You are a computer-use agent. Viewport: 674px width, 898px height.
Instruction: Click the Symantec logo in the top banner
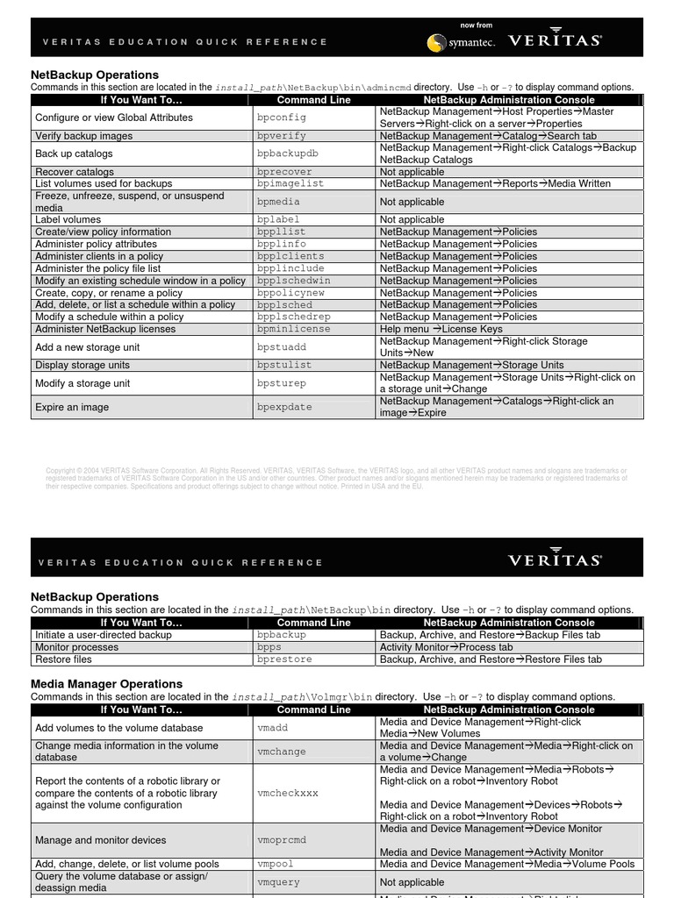coord(461,41)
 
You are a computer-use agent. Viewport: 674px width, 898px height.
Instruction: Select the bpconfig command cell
coord(282,118)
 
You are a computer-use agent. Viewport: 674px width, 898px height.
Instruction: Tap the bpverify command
coord(282,136)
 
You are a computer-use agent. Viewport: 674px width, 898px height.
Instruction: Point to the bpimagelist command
coord(290,184)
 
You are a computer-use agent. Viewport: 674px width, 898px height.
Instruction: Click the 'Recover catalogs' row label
coord(75,172)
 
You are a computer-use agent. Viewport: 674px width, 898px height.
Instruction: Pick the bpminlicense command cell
coord(294,329)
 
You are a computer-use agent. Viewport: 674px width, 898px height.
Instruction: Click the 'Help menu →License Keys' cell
coord(441,329)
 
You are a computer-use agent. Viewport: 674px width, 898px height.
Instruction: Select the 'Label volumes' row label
coord(68,220)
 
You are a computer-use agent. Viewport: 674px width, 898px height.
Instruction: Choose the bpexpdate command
coord(284,407)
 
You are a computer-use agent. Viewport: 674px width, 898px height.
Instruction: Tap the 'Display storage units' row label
coord(82,365)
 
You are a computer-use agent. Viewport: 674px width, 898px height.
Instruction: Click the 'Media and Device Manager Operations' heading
coord(106,683)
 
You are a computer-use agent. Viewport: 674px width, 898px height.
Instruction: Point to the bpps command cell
coord(269,647)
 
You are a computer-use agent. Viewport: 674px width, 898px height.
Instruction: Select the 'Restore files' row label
coord(63,659)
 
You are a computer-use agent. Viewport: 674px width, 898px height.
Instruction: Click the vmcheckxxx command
coord(288,793)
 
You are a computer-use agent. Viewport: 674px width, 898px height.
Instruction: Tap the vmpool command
coord(275,864)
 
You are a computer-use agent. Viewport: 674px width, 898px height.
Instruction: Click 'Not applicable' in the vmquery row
coord(412,882)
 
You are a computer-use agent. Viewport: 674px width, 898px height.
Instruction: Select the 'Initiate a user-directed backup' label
coord(104,635)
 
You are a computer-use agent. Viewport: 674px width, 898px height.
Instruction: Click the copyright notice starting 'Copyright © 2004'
coord(336,478)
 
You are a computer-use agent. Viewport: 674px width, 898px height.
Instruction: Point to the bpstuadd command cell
coord(282,347)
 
